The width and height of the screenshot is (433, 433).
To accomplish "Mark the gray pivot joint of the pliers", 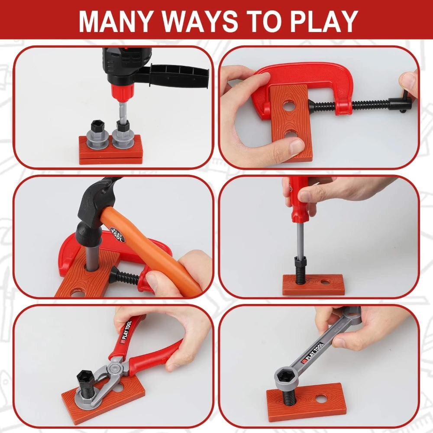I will [115, 369].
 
